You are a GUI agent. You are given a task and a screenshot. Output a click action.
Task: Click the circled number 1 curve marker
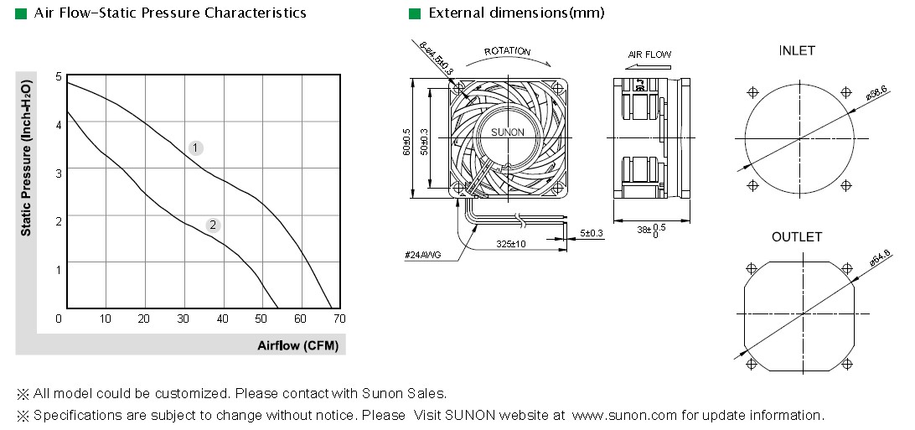click(195, 148)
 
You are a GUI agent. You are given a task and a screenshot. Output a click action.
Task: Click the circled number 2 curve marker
click(213, 225)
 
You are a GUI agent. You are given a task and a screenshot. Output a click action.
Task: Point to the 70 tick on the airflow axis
click(339, 319)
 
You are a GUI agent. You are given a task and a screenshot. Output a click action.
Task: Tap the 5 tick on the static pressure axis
click(59, 75)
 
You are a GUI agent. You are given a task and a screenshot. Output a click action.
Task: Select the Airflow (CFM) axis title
click(297, 345)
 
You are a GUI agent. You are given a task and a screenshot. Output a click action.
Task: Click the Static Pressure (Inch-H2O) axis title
click(26, 158)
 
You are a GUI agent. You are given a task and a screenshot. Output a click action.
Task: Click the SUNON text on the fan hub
click(507, 132)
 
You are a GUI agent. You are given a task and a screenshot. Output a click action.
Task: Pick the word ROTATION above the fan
click(507, 51)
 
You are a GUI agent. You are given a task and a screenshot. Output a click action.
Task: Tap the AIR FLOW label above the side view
click(649, 54)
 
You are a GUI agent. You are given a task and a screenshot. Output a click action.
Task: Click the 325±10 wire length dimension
click(510, 243)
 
